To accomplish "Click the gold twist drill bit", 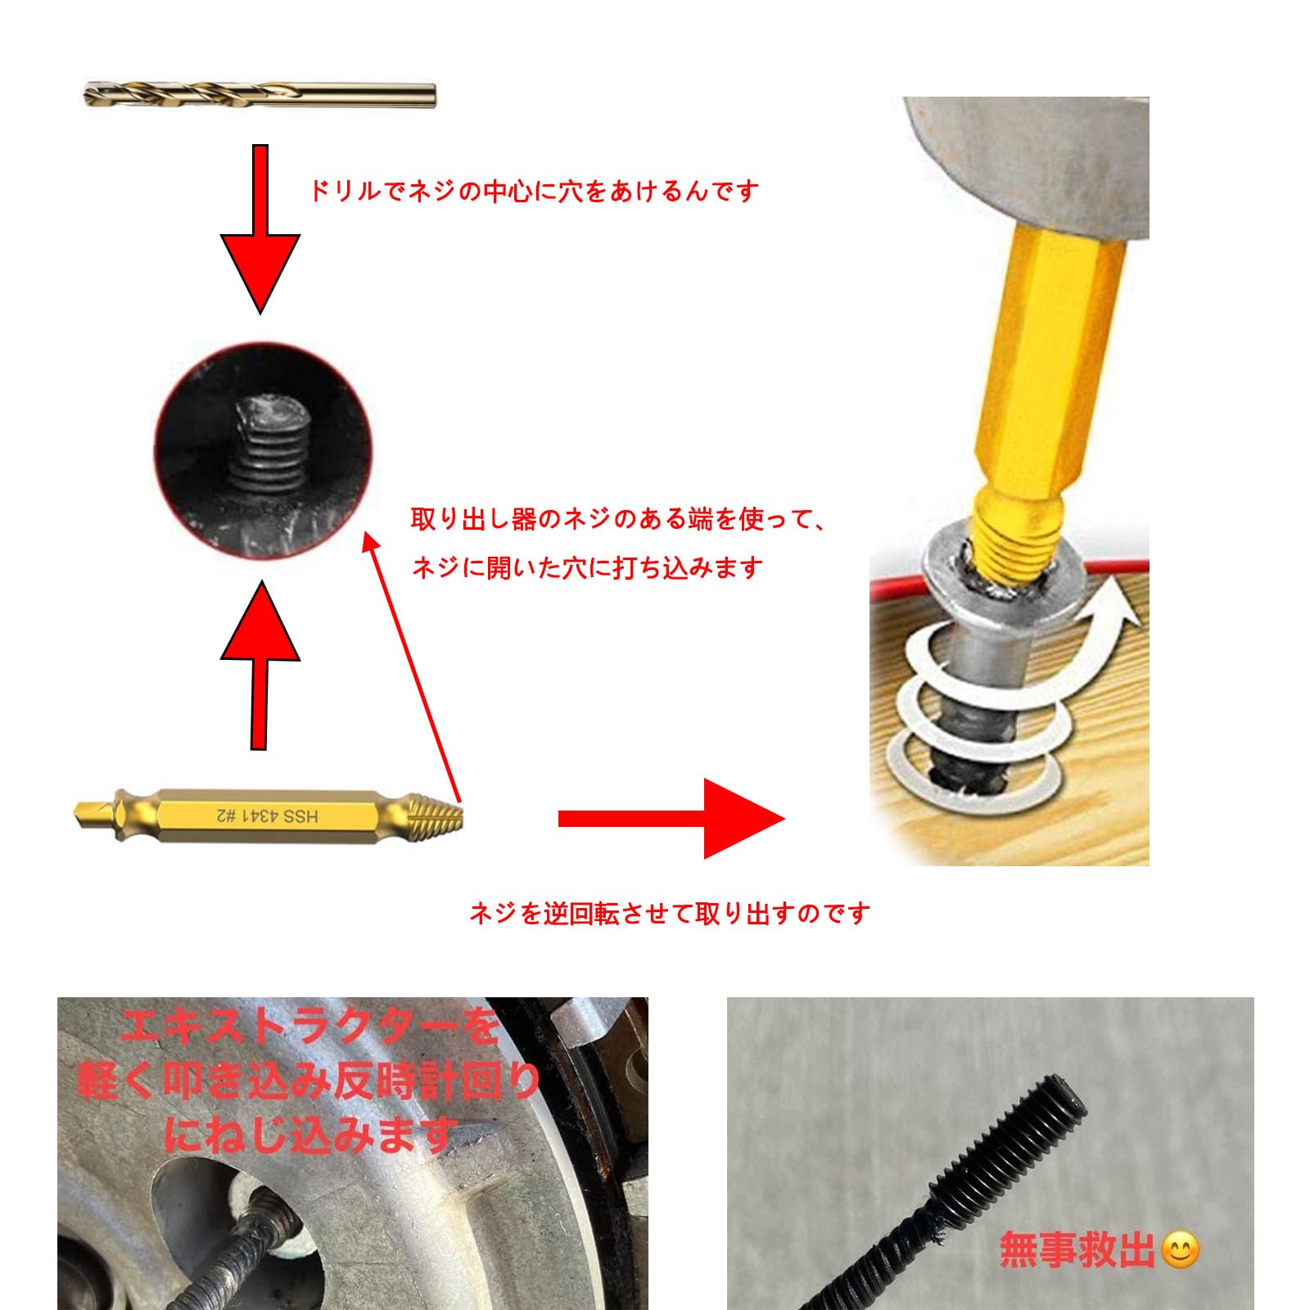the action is [260, 95].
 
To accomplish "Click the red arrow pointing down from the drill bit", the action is [260, 229].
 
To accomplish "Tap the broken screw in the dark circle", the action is [263, 443].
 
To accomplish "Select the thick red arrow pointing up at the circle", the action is [260, 665].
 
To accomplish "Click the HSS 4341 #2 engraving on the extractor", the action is [267, 815].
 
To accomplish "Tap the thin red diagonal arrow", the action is [411, 667].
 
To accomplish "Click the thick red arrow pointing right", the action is [671, 818].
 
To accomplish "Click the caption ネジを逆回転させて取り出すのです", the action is [669, 913].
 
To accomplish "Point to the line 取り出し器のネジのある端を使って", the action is [619, 519].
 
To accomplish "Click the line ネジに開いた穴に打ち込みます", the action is [587, 567].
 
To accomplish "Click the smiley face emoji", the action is [1180, 1250].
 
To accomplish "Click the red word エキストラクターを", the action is [309, 1027].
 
